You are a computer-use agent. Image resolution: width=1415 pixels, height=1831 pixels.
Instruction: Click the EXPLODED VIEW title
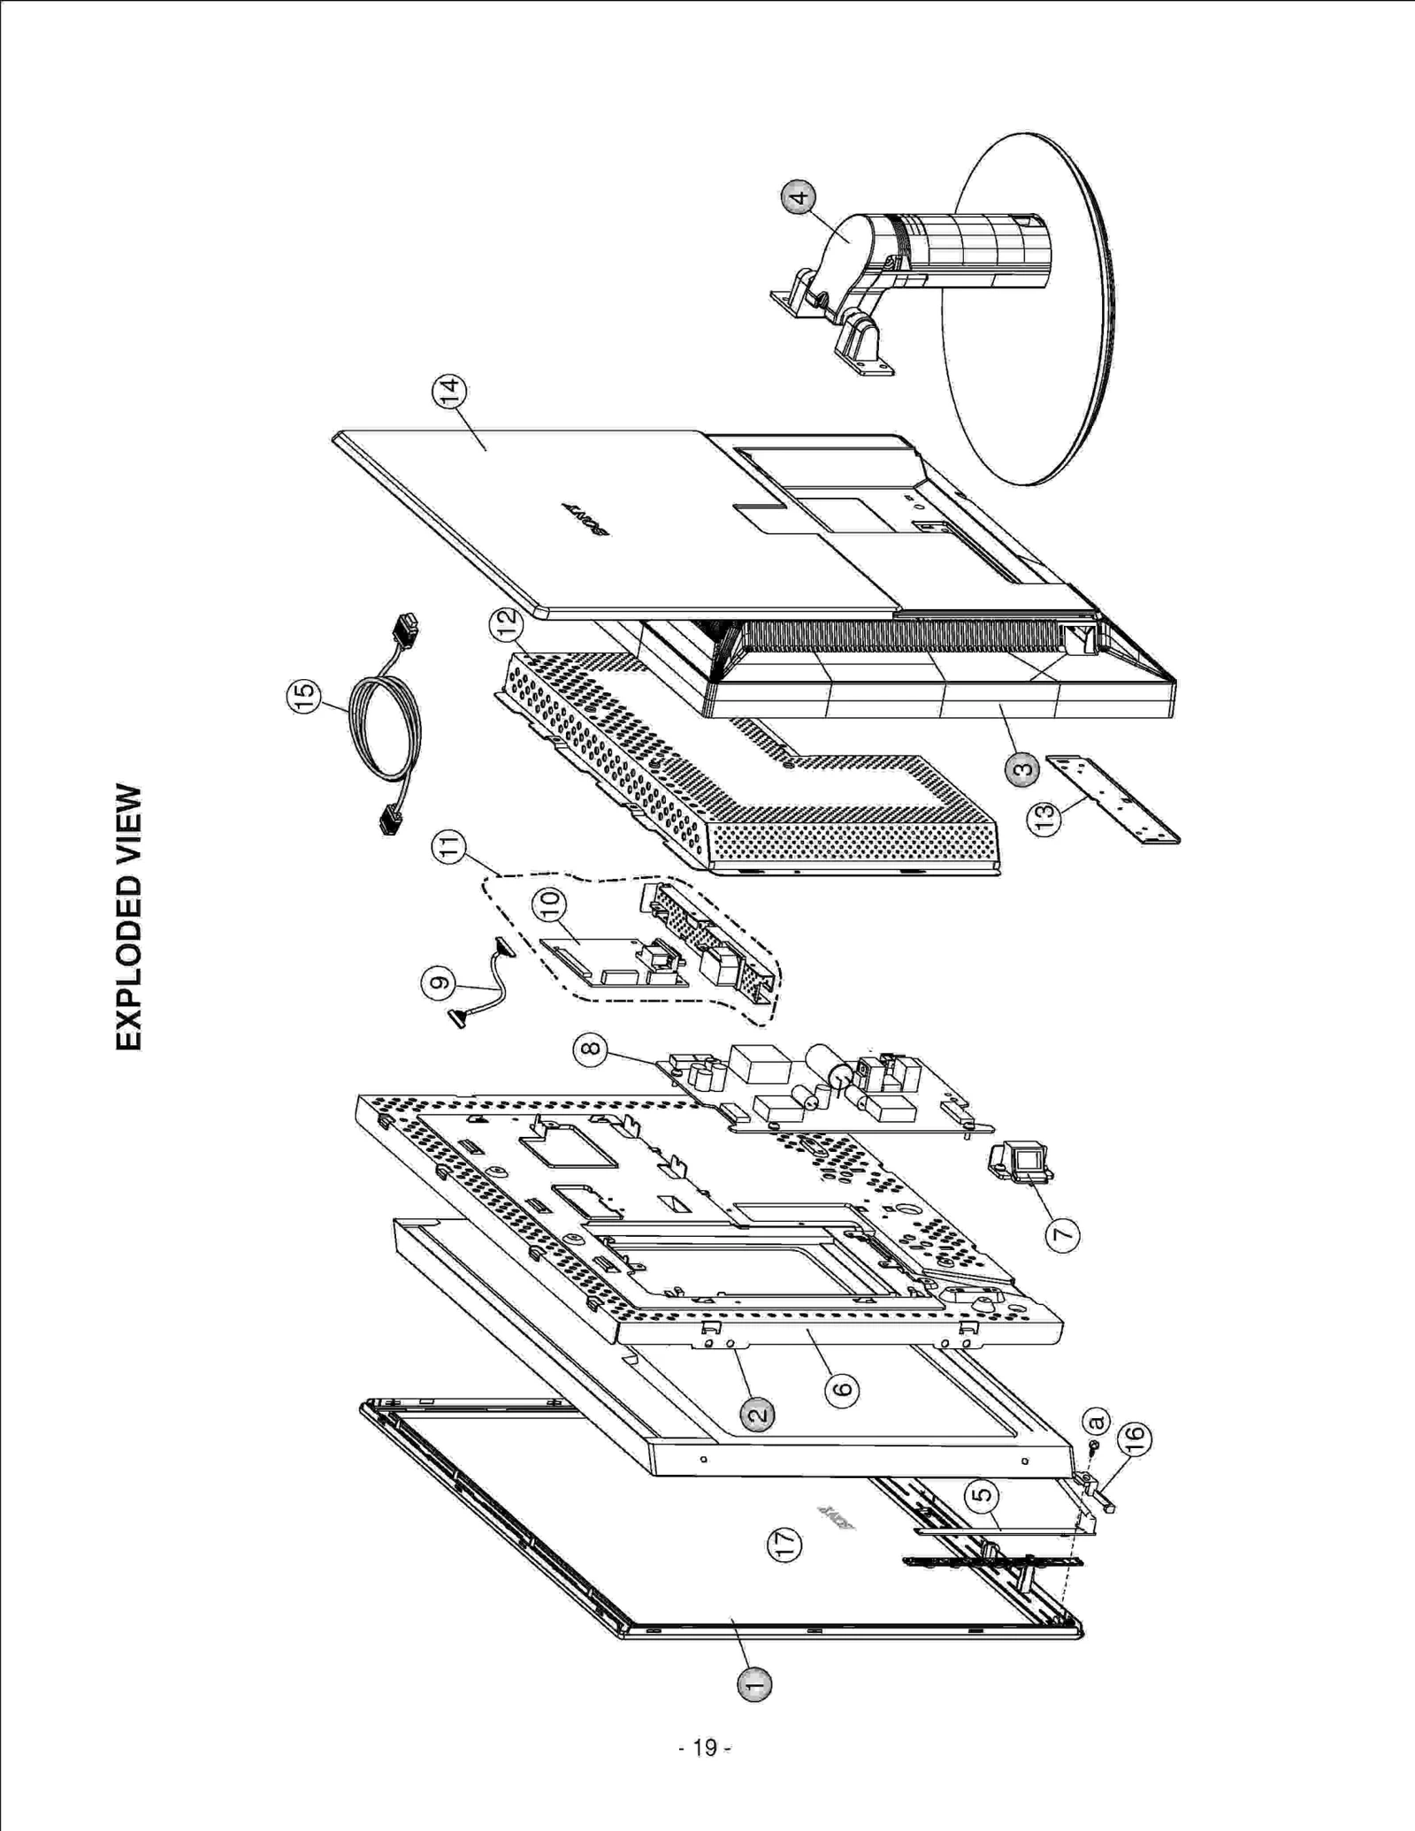point(129,917)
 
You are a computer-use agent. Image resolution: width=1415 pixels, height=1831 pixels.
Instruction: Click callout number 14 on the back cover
point(449,393)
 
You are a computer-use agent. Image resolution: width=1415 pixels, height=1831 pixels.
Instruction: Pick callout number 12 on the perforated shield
point(507,626)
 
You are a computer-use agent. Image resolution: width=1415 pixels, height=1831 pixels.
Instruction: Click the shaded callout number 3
point(1022,769)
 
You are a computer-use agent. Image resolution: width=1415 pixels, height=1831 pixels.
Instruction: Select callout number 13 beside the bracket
point(1044,819)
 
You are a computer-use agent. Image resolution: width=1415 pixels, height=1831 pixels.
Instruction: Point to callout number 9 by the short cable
point(440,982)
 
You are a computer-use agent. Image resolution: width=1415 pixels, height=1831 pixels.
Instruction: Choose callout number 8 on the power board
point(590,1049)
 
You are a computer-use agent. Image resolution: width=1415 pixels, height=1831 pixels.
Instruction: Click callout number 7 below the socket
point(1062,1233)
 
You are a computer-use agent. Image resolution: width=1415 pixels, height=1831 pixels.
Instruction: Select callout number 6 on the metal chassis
point(842,1389)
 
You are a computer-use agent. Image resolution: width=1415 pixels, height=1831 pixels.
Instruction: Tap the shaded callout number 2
point(757,1415)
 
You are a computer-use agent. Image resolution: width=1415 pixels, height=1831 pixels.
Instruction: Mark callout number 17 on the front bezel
point(784,1544)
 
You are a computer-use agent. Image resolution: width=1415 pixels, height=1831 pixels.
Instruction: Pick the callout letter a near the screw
point(1095,1421)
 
